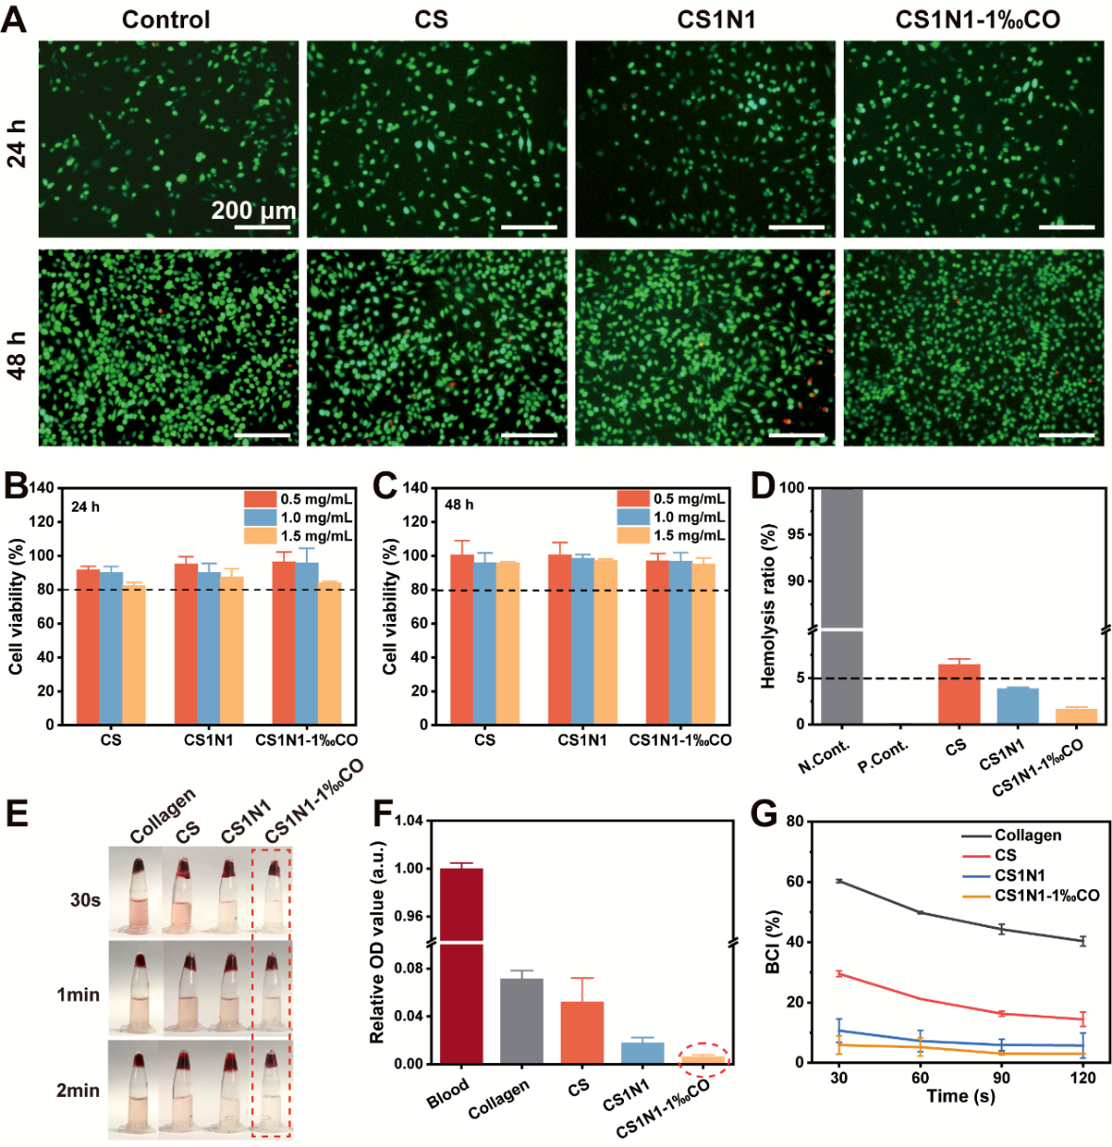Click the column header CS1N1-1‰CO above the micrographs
977,20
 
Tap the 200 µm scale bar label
253,210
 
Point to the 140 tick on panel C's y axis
415,488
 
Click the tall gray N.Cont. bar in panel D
842,604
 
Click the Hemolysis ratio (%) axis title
769,604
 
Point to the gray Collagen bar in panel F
521,1020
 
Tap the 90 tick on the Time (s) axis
1002,1078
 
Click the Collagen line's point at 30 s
838,881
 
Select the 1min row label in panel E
78,994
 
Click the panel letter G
762,813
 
